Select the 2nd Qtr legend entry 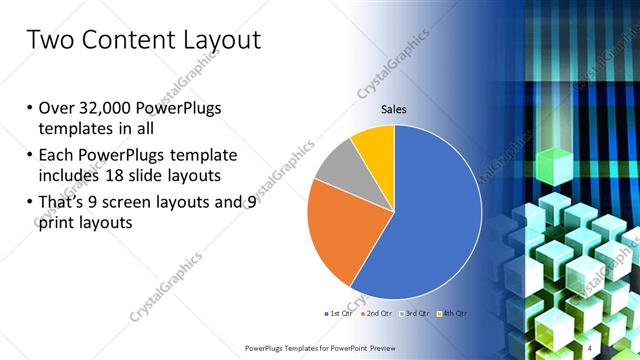pos(375,314)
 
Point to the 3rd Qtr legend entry pos(414,314)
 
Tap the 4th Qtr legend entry pos(453,314)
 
